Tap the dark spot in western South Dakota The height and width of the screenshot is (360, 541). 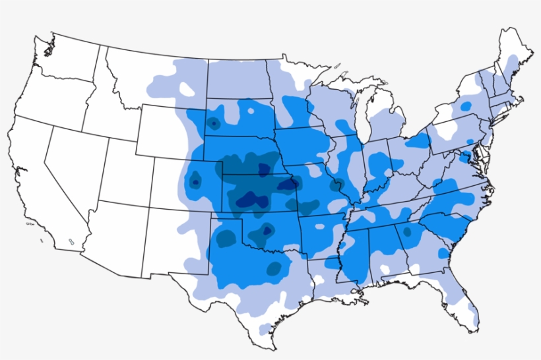click(x=213, y=123)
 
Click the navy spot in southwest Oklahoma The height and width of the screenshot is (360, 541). click(x=267, y=231)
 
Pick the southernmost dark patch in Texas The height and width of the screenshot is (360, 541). click(x=272, y=268)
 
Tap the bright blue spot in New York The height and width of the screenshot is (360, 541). click(x=466, y=105)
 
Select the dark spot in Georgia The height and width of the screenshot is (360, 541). click(x=406, y=232)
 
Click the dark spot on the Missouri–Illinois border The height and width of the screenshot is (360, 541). click(x=340, y=185)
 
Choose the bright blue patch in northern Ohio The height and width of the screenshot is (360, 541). click(x=417, y=140)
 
